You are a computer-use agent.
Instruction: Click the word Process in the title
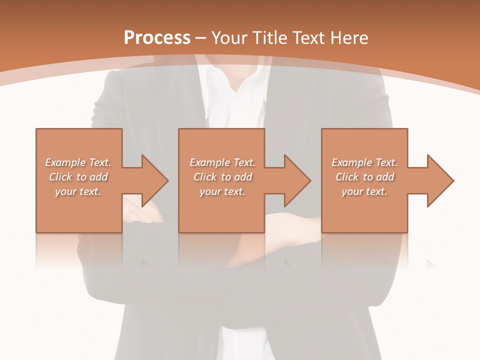157,38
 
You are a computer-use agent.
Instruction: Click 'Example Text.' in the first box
78,162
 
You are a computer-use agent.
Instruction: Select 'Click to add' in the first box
78,177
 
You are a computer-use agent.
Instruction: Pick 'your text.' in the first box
78,191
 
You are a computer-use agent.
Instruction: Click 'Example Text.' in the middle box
222,162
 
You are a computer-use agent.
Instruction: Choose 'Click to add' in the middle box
222,177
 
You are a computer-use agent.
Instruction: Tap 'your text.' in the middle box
222,191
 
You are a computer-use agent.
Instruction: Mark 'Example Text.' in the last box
364,162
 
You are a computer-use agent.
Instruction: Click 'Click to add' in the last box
364,177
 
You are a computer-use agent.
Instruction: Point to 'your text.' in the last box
364,191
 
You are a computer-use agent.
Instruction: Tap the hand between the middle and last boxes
292,225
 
